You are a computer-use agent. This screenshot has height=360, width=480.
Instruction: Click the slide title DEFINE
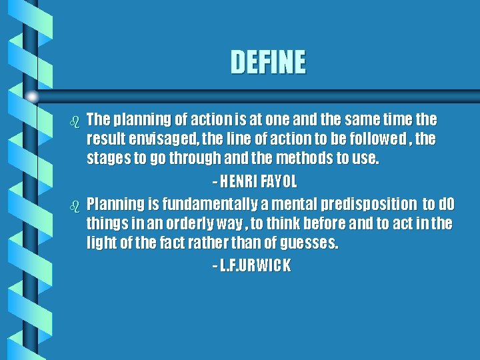(268, 63)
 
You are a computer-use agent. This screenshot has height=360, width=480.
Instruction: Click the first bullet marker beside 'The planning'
(75, 121)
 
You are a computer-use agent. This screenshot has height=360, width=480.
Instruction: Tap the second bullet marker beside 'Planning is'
(75, 205)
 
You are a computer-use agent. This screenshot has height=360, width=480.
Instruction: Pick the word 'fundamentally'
(197, 203)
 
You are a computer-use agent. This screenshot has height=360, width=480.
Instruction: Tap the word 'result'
(103, 140)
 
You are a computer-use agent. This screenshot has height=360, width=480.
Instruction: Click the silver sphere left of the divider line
(31, 97)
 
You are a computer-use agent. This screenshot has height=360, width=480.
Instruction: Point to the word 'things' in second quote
(105, 223)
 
